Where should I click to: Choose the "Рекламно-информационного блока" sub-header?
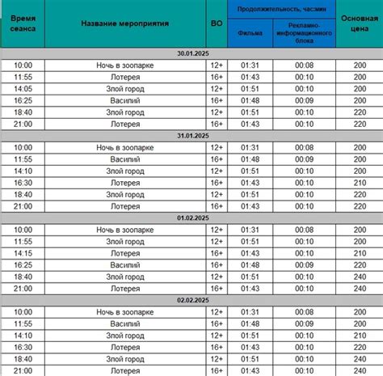tap(303, 33)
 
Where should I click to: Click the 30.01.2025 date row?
tap(191, 53)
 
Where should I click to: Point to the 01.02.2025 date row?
tap(191, 218)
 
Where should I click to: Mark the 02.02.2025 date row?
tap(191, 300)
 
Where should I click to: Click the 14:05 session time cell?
tap(23, 89)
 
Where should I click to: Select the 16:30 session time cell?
tap(23, 183)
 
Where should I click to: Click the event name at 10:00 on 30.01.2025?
tap(125, 65)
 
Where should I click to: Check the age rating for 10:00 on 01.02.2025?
tap(216, 230)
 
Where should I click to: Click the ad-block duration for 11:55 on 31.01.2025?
tap(303, 159)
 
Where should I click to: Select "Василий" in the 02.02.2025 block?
tap(125, 323)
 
